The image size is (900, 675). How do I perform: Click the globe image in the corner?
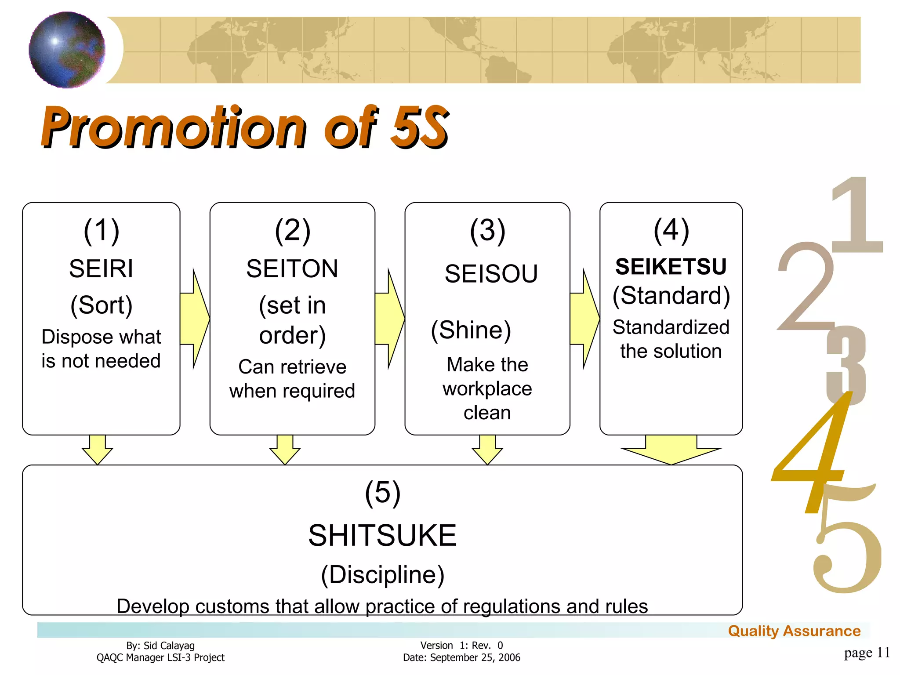[x=67, y=50]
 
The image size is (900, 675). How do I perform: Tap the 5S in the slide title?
[x=420, y=127]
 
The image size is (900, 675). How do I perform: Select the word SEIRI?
[x=101, y=269]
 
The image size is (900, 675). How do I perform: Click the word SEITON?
[x=292, y=269]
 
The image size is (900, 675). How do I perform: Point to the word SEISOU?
[x=491, y=274]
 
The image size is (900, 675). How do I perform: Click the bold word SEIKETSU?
[x=671, y=267]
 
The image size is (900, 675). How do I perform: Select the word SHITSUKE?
[x=382, y=536]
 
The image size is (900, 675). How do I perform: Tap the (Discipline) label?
[x=382, y=574]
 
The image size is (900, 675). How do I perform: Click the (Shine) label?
[x=471, y=330]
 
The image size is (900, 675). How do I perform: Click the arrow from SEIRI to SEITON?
[x=196, y=319]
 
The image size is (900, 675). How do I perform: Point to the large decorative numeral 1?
[x=857, y=215]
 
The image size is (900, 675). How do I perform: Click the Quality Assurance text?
[x=794, y=631]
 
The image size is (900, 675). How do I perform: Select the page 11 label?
[x=867, y=653]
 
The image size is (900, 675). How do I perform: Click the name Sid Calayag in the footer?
[x=169, y=646]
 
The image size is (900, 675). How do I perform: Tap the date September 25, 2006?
[x=475, y=657]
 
